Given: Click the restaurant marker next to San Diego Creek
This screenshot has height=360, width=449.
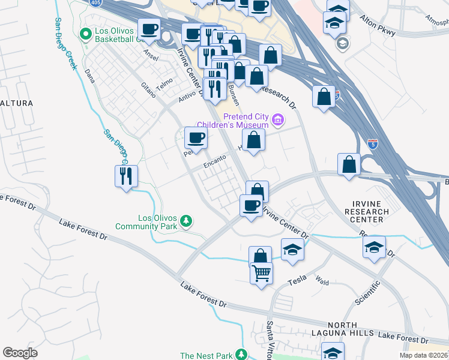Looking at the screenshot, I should click(126, 176).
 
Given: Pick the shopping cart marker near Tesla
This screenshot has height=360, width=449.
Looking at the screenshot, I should click(261, 274).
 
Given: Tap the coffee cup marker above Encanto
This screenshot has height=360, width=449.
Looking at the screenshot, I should click(196, 139).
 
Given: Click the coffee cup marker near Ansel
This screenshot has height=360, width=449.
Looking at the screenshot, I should click(149, 29).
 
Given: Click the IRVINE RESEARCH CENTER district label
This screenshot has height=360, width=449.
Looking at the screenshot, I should click(367, 212).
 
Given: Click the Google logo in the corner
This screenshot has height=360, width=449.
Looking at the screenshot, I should click(20, 352).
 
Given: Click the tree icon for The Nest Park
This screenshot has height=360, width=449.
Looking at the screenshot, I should click(241, 355).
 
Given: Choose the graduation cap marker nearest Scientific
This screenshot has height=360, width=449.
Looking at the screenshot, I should click(373, 247).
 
